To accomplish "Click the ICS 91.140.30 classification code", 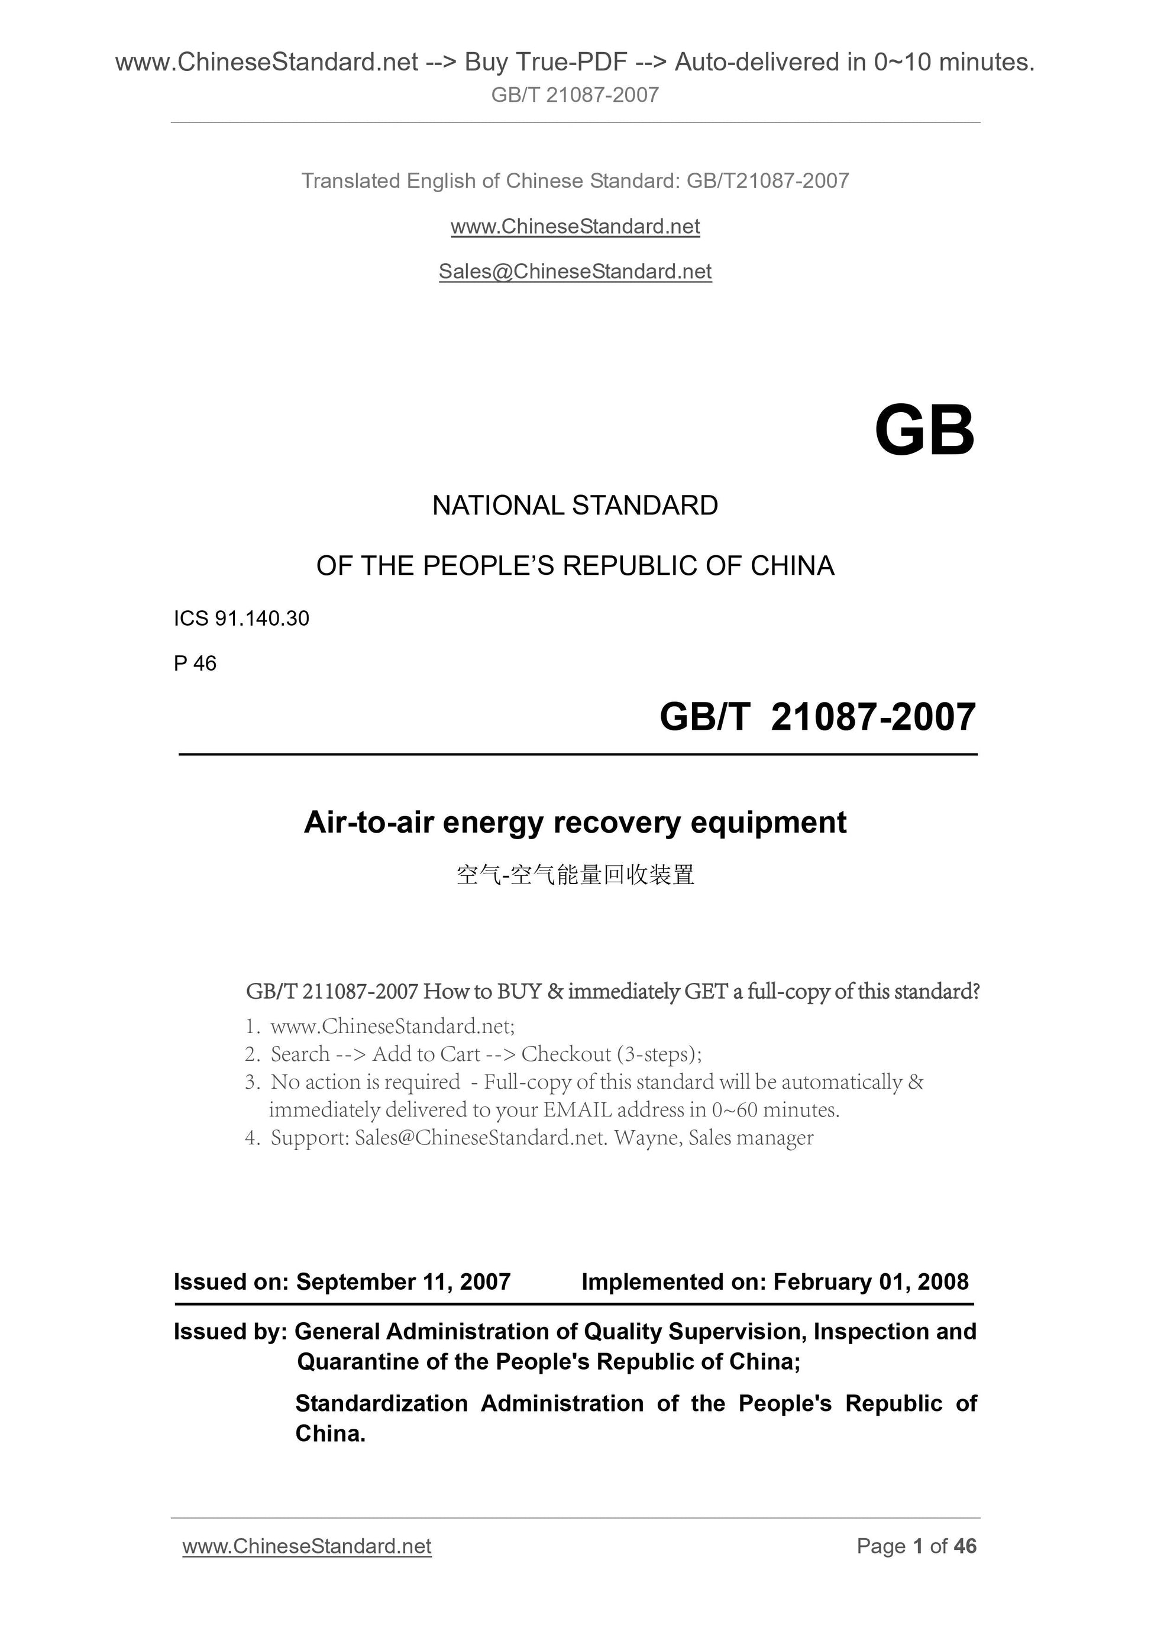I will click(241, 619).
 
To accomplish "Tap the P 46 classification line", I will click(195, 663).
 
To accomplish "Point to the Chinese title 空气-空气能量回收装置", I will click(575, 875).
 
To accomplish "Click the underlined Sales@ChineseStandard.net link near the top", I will click(575, 271).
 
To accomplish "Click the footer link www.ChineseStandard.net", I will click(306, 1546).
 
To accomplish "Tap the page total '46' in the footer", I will click(965, 1546).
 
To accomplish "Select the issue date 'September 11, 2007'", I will click(403, 1281).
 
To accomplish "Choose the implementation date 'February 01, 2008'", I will click(870, 1281).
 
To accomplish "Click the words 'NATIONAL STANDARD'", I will click(575, 506).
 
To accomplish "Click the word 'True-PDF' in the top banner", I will click(573, 63).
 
